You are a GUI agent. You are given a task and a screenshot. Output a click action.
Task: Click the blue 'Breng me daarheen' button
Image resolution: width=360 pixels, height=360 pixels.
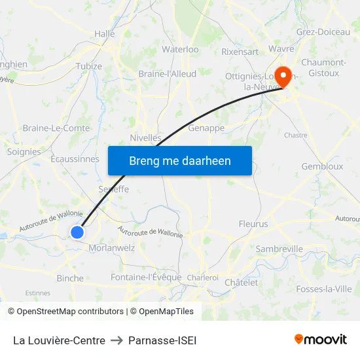click(180, 160)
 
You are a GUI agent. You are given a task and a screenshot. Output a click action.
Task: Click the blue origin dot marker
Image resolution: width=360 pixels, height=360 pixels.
click(77, 232)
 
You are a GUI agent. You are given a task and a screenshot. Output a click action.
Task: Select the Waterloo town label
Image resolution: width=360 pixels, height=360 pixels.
click(180, 49)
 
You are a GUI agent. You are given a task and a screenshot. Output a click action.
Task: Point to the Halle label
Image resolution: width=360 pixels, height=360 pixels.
click(105, 33)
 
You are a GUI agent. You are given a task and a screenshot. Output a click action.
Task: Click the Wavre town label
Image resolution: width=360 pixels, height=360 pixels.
click(281, 48)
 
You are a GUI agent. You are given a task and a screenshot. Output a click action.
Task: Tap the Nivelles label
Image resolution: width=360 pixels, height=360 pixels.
click(145, 137)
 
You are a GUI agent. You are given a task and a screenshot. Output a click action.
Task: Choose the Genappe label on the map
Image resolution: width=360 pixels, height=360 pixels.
click(206, 128)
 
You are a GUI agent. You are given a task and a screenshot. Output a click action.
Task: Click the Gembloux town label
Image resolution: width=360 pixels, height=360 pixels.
click(322, 166)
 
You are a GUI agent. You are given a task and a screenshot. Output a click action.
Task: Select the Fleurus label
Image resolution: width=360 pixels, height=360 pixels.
click(253, 224)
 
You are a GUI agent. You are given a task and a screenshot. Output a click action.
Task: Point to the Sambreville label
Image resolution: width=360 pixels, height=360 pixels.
click(279, 249)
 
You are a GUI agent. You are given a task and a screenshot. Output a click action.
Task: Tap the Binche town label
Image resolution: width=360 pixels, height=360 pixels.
click(70, 278)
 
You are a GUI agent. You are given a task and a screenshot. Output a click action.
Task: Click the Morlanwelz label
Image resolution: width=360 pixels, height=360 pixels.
click(111, 248)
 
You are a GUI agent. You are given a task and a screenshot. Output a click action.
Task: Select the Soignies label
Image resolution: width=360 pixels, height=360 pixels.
click(24, 151)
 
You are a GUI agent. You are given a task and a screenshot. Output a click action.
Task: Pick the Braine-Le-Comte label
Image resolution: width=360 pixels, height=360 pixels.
click(56, 128)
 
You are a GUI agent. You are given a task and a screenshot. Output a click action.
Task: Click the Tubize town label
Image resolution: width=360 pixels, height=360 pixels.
click(89, 66)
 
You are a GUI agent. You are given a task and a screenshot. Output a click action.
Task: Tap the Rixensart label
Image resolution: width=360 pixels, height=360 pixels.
click(240, 51)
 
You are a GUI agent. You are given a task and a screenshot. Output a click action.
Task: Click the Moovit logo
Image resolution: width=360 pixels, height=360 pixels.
click(321, 340)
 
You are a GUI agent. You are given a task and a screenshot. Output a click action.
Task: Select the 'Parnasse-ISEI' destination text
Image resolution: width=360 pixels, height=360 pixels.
click(162, 340)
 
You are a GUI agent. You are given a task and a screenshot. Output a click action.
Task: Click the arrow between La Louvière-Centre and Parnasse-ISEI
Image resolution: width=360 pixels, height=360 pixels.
click(117, 340)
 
